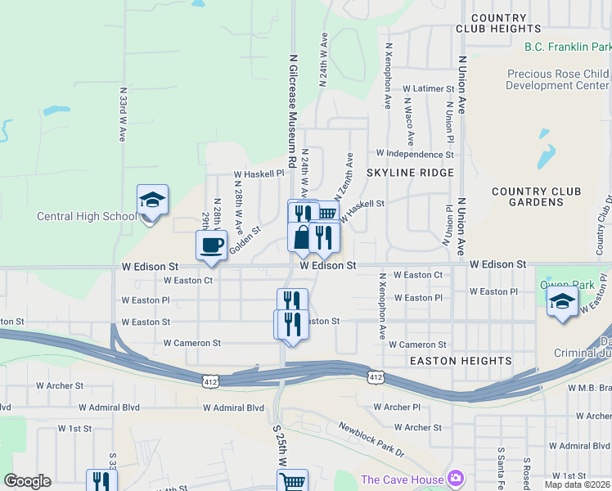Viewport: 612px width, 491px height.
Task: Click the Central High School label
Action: tap(87, 216)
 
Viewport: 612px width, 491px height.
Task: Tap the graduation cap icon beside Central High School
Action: tap(152, 200)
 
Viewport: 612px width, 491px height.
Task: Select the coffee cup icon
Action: tap(211, 245)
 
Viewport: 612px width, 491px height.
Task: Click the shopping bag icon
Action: tap(303, 237)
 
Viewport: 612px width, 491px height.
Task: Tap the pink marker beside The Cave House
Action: tap(456, 480)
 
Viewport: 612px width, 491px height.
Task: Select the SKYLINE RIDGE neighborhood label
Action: tap(409, 173)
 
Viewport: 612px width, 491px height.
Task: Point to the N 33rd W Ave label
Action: tap(122, 116)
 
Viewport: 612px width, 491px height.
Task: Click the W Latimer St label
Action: tap(427, 88)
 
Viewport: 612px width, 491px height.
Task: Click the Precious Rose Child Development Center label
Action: tap(557, 79)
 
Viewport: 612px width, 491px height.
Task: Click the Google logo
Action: tap(27, 480)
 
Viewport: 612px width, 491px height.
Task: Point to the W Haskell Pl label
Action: tap(258, 173)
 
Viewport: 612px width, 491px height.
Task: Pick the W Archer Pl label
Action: tap(397, 407)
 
